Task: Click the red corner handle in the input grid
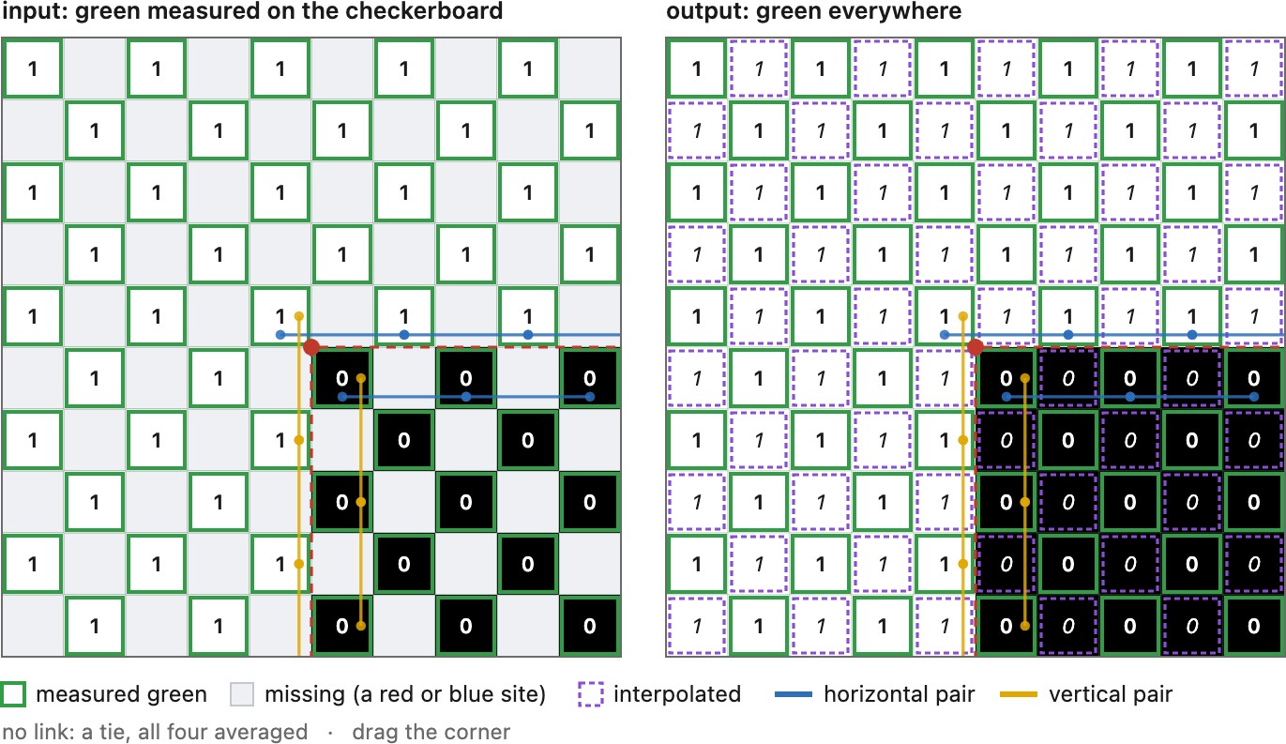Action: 311,347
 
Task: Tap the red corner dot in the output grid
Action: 975,347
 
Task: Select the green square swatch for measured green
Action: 12,694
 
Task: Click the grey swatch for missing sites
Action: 242,694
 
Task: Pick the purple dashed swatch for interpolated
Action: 591,694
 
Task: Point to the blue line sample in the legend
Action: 794,694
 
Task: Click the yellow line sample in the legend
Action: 1019,694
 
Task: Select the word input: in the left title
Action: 35,11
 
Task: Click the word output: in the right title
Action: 706,11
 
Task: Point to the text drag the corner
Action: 431,732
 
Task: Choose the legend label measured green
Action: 121,694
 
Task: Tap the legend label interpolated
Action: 677,694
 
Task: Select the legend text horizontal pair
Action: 899,694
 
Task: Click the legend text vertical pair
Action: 1111,694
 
